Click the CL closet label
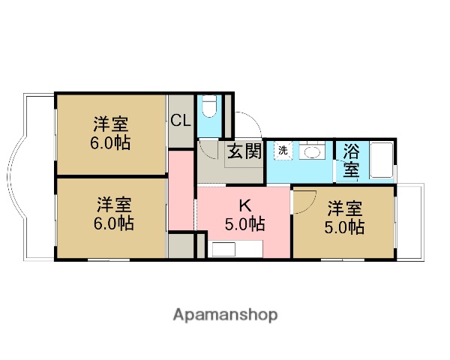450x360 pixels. pyautogui.click(x=181, y=120)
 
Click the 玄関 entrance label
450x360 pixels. pyautogui.click(x=244, y=151)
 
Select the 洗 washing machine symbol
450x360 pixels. pyautogui.click(x=283, y=150)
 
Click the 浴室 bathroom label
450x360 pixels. pyautogui.click(x=351, y=160)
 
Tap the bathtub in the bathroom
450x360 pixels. pyautogui.click(x=381, y=161)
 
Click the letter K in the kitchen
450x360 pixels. pyautogui.click(x=244, y=205)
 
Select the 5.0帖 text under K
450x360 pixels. pyautogui.click(x=244, y=223)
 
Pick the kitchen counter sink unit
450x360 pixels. pyautogui.click(x=237, y=249)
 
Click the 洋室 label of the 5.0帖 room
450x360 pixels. pyautogui.click(x=346, y=207)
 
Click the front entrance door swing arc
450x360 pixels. pyautogui.click(x=250, y=124)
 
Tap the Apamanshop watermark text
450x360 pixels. pyautogui.click(x=225, y=314)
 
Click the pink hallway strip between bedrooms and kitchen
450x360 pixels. pyautogui.click(x=181, y=191)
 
